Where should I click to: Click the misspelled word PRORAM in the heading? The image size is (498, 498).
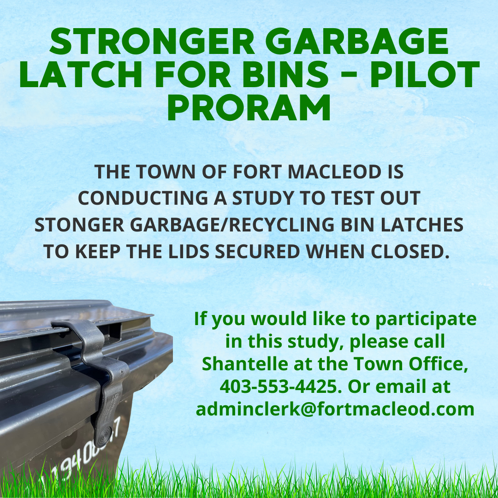pos(249,107)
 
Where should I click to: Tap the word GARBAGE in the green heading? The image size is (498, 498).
pos(356,41)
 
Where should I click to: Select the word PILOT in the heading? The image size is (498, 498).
pos(425,75)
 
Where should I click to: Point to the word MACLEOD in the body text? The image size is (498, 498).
pos(334,172)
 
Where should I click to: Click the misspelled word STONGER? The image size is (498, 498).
pos(79,225)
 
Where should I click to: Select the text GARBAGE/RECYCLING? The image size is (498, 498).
pos(232,225)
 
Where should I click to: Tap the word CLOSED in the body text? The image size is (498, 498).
pos(410,252)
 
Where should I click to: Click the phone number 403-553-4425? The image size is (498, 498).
pos(279,386)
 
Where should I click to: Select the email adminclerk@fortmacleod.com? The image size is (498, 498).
pos(335,409)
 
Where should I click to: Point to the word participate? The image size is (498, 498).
pos(426,319)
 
